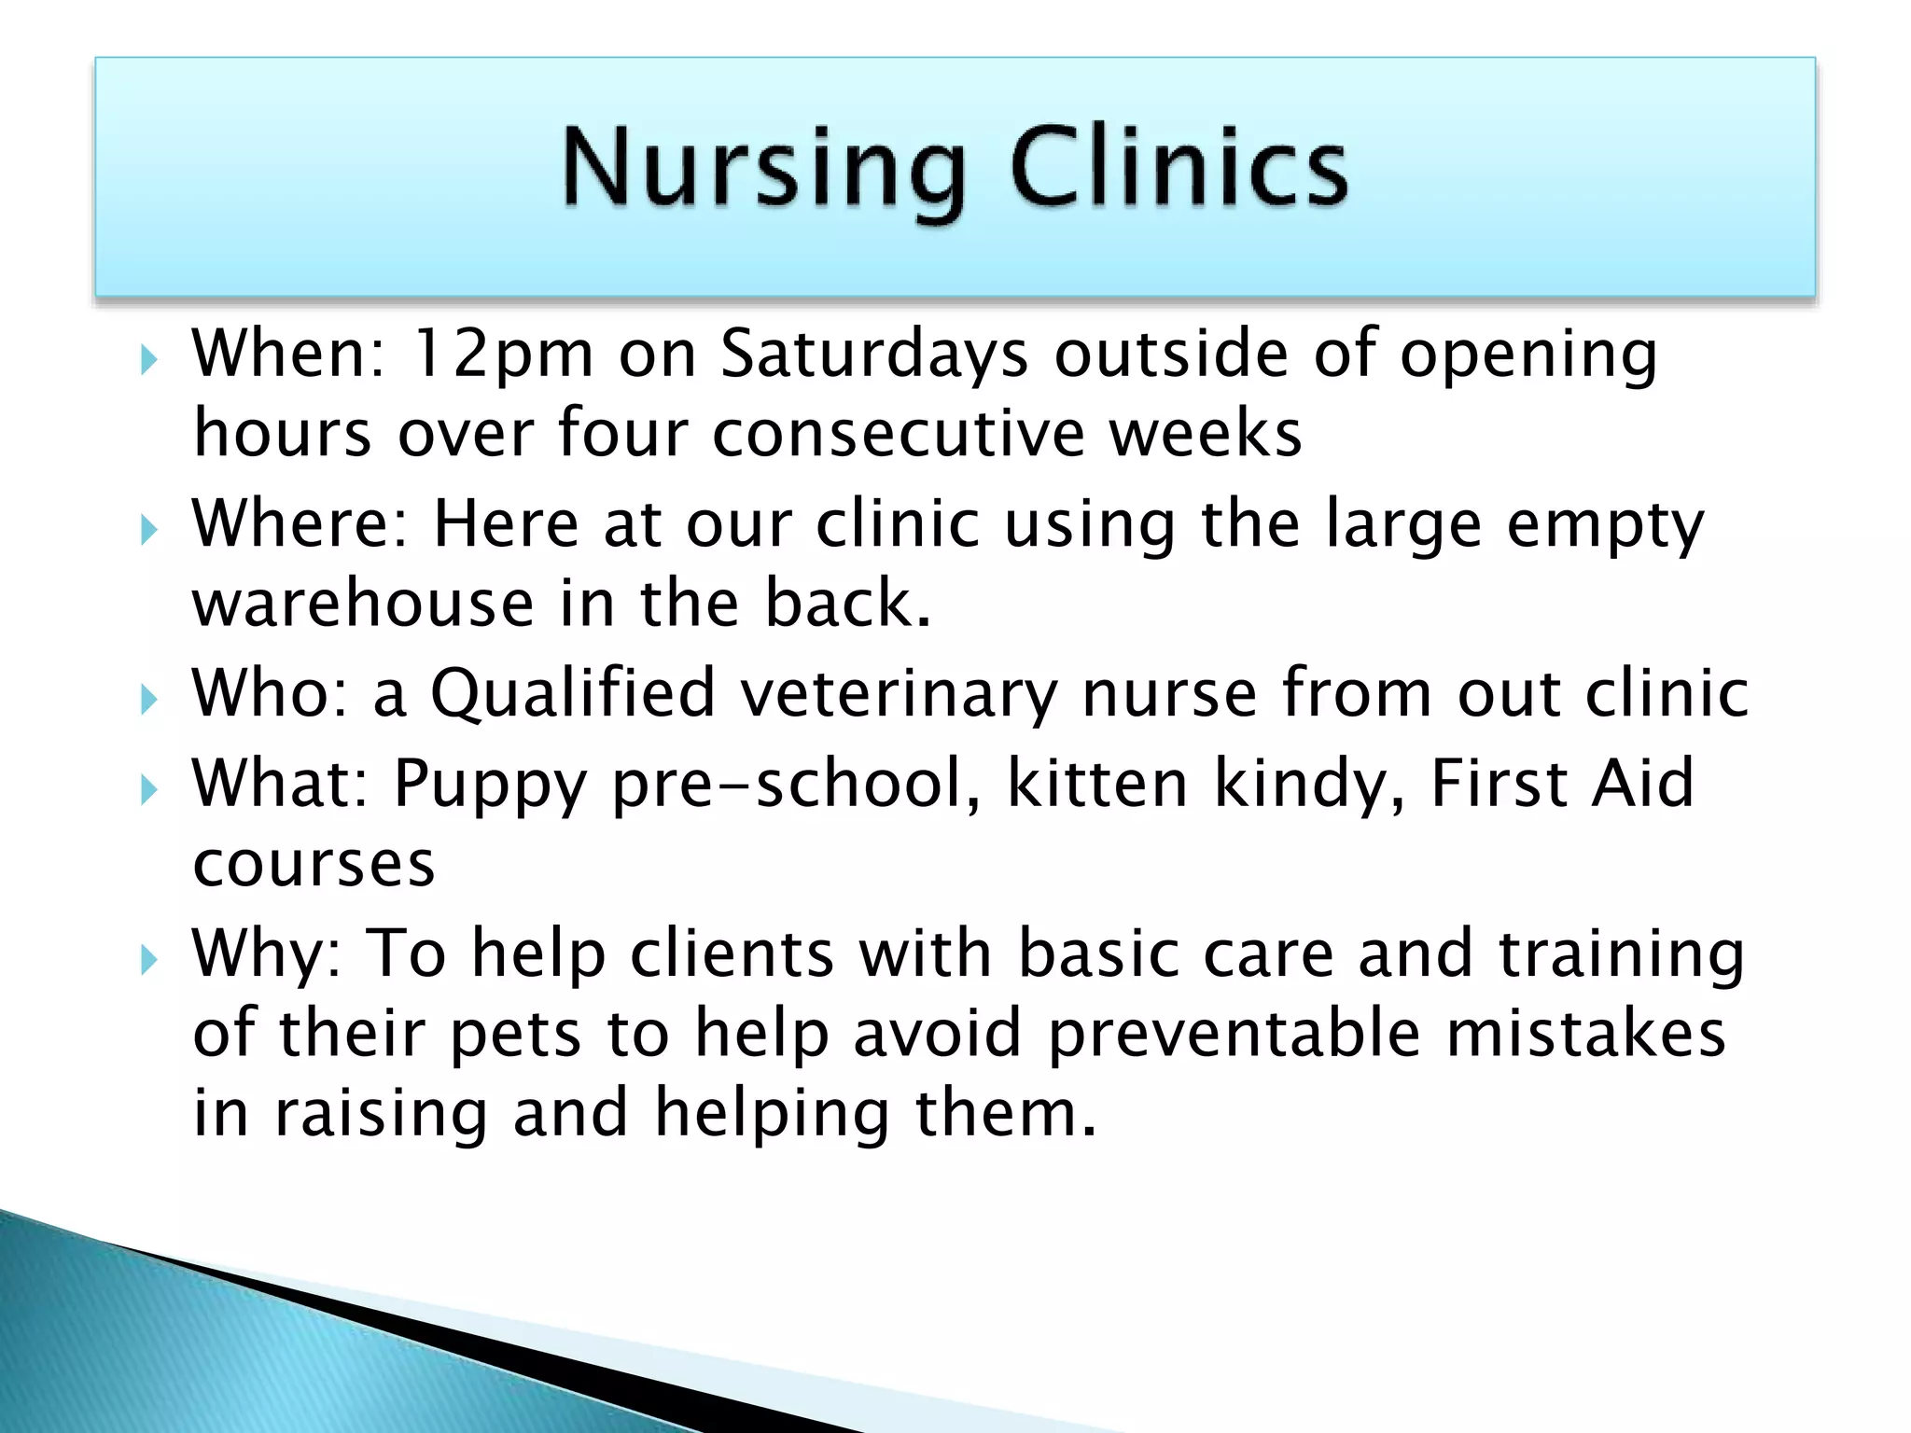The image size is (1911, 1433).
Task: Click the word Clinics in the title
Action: pyautogui.click(x=1179, y=168)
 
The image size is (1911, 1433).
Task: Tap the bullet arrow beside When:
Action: pyautogui.click(x=148, y=359)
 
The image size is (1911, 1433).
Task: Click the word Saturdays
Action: pyautogui.click(x=874, y=355)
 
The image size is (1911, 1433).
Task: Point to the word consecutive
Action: pyautogui.click(x=898, y=435)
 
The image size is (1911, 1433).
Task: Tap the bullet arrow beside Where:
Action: pyautogui.click(x=148, y=530)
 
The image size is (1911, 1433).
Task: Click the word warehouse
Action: pyautogui.click(x=363, y=605)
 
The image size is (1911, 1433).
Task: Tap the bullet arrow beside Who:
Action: pyautogui.click(x=148, y=699)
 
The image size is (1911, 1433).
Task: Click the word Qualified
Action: pyautogui.click(x=572, y=694)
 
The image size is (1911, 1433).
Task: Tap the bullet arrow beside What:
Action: pyautogui.click(x=148, y=790)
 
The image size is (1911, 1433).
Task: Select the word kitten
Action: pyautogui.click(x=1097, y=784)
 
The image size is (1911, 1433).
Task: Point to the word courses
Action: pyautogui.click(x=314, y=865)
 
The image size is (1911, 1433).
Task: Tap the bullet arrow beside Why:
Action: pyautogui.click(x=148, y=958)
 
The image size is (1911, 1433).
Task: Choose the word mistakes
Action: pyautogui.click(x=1585, y=1034)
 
